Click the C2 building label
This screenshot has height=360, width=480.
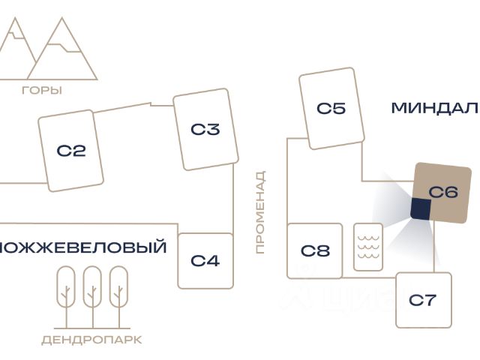click(x=71, y=151)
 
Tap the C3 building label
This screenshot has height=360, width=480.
click(x=205, y=130)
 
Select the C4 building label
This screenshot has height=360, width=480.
click(x=205, y=261)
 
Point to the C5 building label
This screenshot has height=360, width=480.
click(x=331, y=108)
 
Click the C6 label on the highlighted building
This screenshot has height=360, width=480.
click(x=443, y=192)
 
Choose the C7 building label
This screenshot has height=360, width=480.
click(x=422, y=301)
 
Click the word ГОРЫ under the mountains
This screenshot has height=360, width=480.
click(x=42, y=91)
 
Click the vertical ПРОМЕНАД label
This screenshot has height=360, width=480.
click(x=260, y=212)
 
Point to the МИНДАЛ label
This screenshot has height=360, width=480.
click(x=434, y=108)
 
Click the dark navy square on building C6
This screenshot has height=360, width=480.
click(x=420, y=209)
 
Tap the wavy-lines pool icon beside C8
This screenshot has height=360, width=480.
click(x=368, y=247)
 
